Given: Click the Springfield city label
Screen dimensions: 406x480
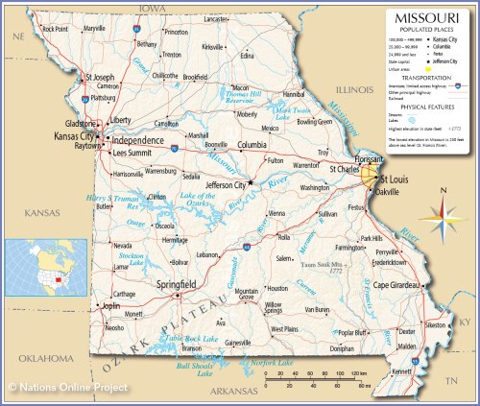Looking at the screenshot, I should coord(177,285).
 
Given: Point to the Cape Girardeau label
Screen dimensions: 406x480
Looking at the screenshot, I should coord(399,285).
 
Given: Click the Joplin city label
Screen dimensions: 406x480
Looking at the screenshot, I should coord(111,306).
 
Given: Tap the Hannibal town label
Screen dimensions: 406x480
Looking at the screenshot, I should coord(294,95).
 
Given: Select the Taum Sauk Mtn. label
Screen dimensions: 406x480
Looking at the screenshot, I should coord(322,266).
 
